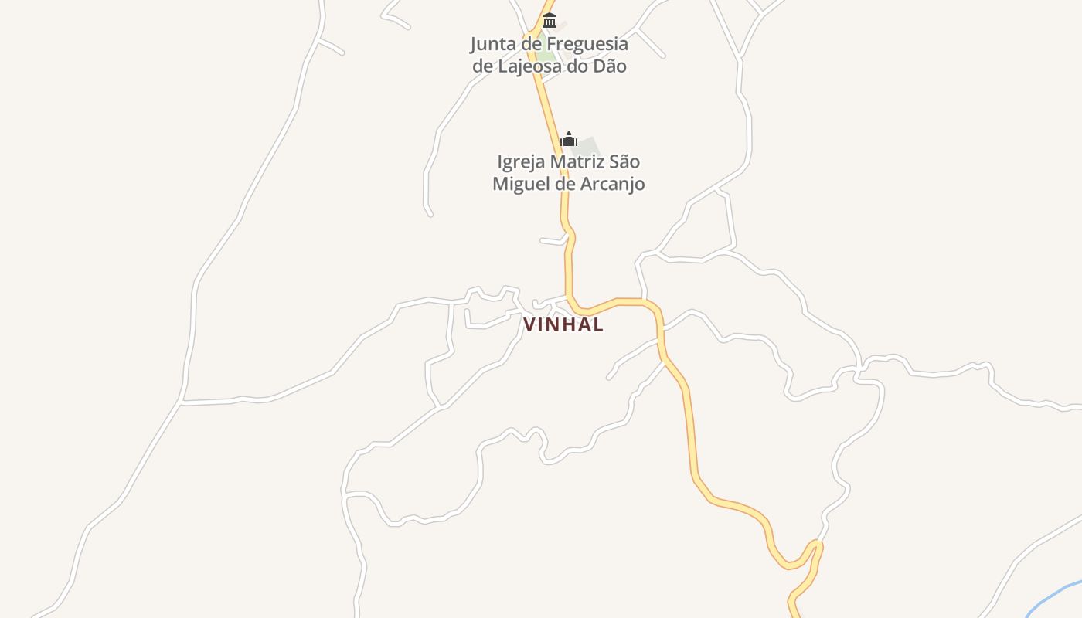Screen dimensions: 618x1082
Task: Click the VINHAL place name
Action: point(563,325)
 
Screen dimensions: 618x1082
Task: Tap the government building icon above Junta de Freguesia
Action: point(550,20)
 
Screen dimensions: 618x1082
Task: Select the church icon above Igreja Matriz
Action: point(569,139)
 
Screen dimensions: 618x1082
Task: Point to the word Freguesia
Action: point(587,44)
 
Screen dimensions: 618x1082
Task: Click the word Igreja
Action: point(520,162)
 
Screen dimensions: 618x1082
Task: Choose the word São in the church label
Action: point(624,162)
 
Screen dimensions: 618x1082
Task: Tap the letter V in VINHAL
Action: point(530,325)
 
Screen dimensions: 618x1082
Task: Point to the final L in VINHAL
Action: point(597,325)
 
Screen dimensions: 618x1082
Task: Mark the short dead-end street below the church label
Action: point(553,241)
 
